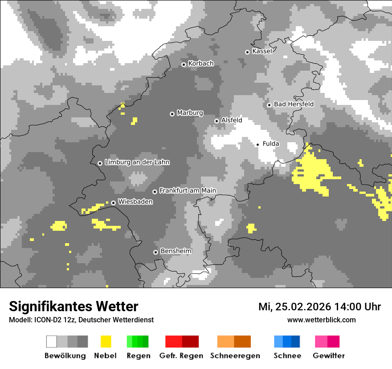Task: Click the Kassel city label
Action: [x=262, y=51]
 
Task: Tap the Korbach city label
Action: [x=201, y=64]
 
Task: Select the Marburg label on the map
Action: [x=190, y=113]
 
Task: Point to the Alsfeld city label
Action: [x=232, y=120]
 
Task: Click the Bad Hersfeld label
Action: [x=294, y=104]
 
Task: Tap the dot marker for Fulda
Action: [x=257, y=144]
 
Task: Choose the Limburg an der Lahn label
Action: [x=137, y=162]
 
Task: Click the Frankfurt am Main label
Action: [x=188, y=191]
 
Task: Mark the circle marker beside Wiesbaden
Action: [x=114, y=203]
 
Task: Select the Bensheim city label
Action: [x=176, y=251]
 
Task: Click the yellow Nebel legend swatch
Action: [x=106, y=341]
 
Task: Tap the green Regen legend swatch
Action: [x=138, y=341]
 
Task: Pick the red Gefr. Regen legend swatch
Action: [x=182, y=341]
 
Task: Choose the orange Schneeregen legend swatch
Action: [x=234, y=341]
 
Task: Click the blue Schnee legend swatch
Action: [x=287, y=341]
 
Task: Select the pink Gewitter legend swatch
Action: [x=327, y=341]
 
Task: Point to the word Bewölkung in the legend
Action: [x=65, y=356]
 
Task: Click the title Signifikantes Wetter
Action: [x=73, y=306]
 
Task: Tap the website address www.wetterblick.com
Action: [x=321, y=320]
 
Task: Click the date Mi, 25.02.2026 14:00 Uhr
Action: [x=319, y=307]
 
